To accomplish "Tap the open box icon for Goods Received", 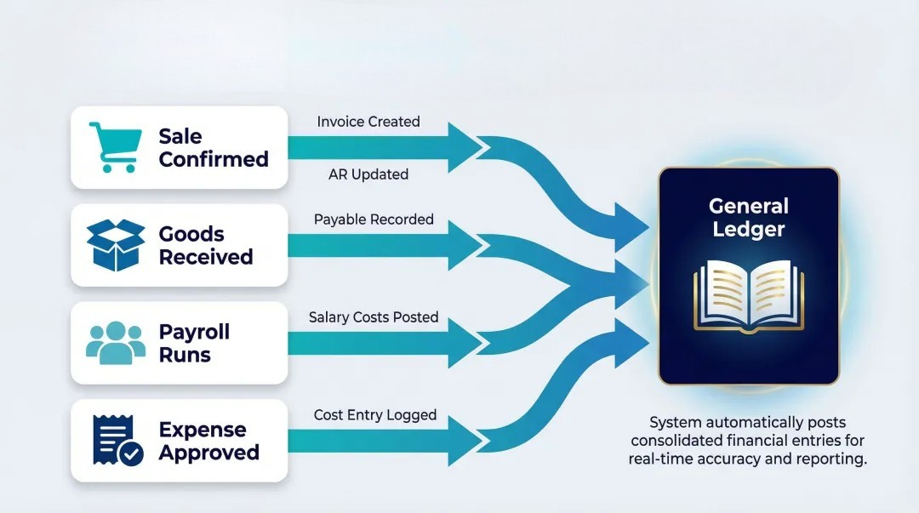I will [x=116, y=245].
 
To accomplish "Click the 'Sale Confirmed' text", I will [x=213, y=148].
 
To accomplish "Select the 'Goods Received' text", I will [x=205, y=246].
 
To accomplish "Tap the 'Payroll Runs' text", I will [x=194, y=343].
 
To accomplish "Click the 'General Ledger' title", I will [x=749, y=217].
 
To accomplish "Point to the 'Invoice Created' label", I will [x=368, y=122].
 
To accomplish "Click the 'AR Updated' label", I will [x=368, y=174].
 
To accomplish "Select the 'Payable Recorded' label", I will [x=374, y=219].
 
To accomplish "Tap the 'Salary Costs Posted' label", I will [x=374, y=317].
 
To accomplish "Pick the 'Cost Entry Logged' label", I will [x=375, y=415].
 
